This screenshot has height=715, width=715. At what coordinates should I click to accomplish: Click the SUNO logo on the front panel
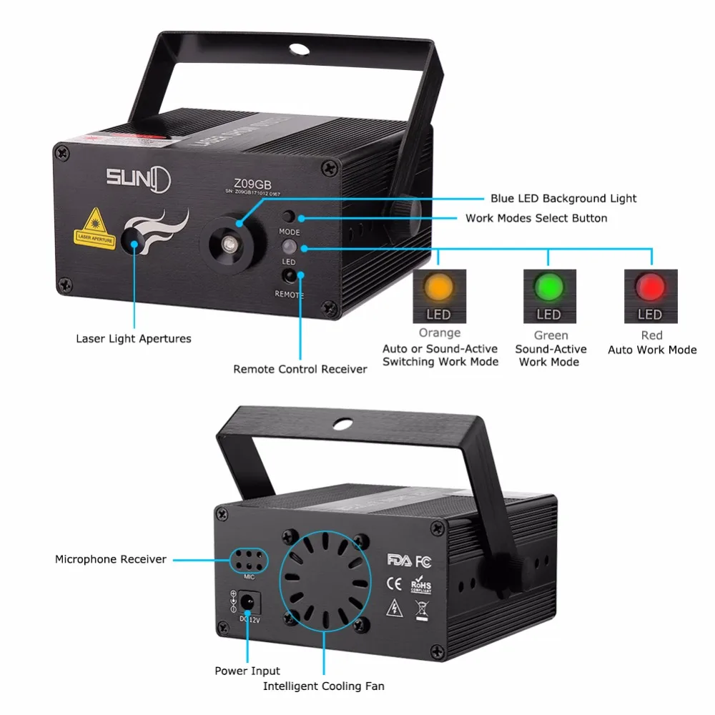tap(139, 177)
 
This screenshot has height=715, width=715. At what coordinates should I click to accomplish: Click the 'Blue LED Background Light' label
tap(563, 198)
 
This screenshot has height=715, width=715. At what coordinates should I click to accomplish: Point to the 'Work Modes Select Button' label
tap(536, 218)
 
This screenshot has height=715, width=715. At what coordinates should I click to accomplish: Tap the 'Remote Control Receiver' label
tap(300, 369)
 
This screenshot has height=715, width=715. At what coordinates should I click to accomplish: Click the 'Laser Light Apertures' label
tap(134, 338)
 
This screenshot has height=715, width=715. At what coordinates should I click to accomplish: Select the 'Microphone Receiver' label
tap(111, 559)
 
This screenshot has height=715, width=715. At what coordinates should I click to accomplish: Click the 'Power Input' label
tap(247, 671)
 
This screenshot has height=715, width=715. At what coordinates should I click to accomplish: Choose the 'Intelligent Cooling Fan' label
tap(323, 686)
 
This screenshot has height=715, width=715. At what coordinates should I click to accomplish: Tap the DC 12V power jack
tap(248, 603)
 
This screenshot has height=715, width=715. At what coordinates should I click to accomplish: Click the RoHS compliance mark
tap(421, 585)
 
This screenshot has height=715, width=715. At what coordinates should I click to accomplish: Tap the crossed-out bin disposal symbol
tap(420, 610)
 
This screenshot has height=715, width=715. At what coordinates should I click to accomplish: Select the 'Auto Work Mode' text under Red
tap(652, 350)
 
